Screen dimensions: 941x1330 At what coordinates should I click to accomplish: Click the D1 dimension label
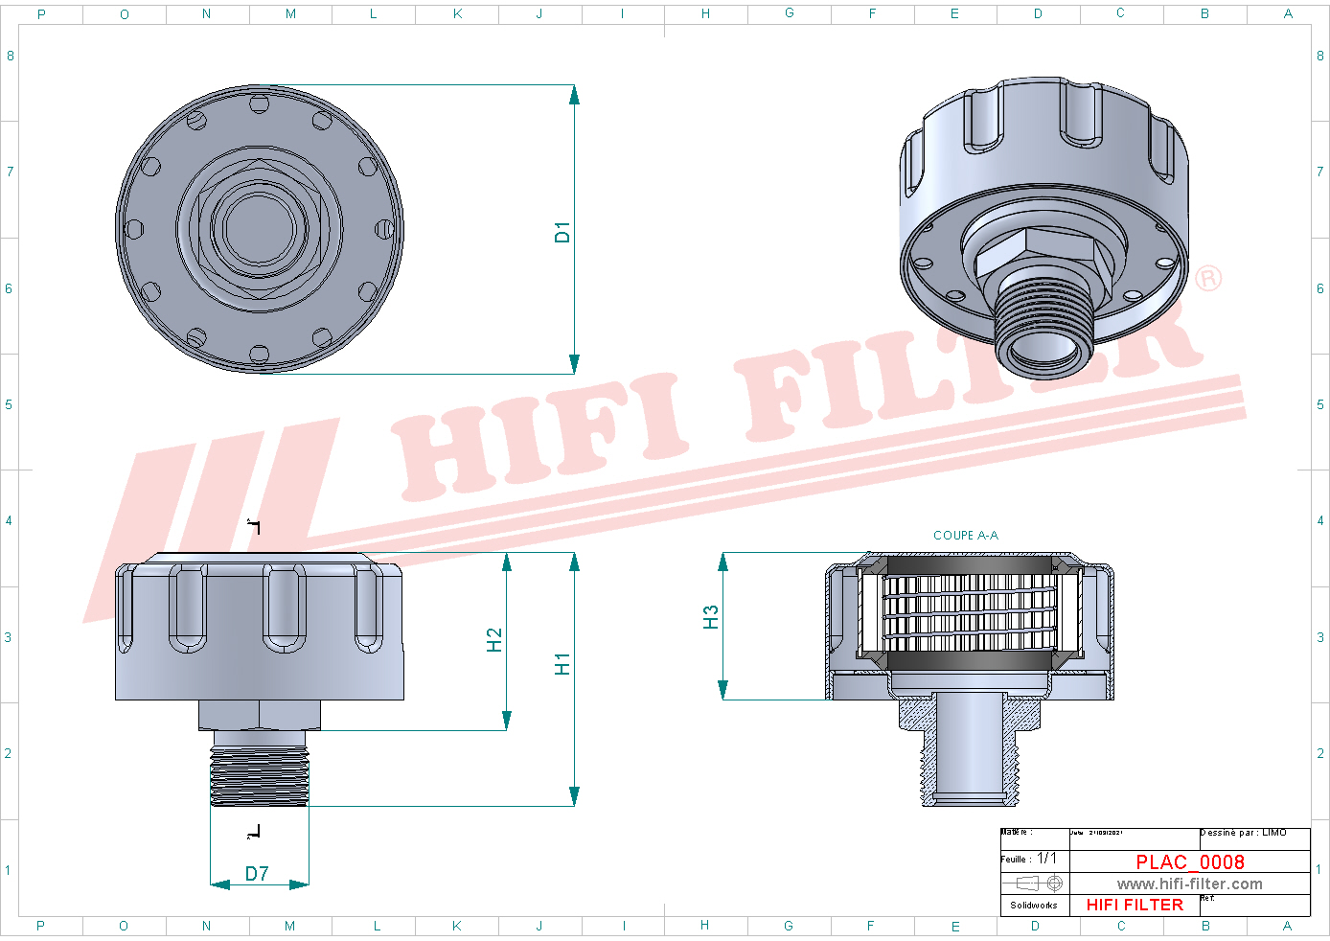point(562,232)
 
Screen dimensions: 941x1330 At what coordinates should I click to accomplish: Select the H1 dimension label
point(562,664)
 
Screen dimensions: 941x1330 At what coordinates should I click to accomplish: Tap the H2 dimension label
point(494,640)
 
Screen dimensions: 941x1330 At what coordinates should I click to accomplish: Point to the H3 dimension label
point(710,617)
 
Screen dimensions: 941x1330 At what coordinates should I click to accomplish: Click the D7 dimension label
point(257,874)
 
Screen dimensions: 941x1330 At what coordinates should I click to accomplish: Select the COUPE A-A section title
point(965,536)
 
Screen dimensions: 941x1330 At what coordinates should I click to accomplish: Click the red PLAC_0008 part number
point(1189,862)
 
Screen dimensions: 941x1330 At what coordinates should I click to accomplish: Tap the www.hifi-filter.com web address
point(1189,884)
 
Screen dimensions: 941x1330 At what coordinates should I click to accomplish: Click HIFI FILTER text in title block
point(1135,905)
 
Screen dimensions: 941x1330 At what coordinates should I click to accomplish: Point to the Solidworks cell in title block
point(1034,905)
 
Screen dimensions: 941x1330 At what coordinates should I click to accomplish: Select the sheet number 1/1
point(1046,859)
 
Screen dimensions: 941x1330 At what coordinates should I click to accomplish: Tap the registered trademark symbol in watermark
point(1208,279)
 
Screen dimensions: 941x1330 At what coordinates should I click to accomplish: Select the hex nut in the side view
point(260,715)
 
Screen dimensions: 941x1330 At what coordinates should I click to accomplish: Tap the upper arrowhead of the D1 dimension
point(574,95)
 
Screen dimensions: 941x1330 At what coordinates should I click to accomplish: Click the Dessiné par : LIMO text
point(1243,833)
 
